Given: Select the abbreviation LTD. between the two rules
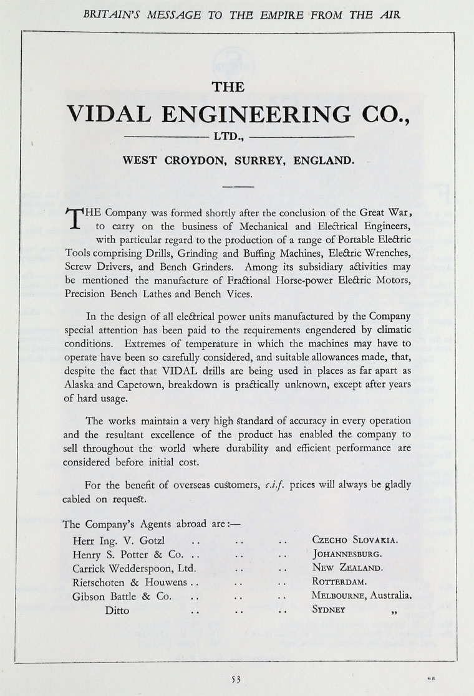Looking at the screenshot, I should tap(227, 136).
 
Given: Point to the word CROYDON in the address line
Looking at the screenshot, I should tap(195, 160).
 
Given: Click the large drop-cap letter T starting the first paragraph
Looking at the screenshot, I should tap(74, 219).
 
